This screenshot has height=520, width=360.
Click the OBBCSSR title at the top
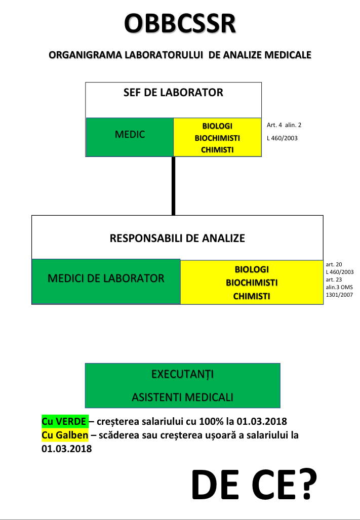(180, 23)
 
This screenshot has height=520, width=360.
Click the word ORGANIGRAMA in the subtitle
(86, 55)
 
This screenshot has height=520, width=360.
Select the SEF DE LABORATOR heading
(173, 92)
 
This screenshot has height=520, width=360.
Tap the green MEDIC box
(130, 137)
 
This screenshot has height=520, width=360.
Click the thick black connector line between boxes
(173, 186)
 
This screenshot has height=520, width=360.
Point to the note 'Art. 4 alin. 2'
(284, 125)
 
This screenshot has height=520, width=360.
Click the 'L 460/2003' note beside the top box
(282, 138)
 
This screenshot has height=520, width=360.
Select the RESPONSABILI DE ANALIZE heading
(177, 238)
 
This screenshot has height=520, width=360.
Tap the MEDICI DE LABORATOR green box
(106, 282)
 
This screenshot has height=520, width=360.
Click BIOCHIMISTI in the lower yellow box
(252, 283)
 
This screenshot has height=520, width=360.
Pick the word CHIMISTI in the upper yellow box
(217, 150)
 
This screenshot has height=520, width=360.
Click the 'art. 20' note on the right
(334, 264)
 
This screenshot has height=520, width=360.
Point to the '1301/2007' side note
(339, 295)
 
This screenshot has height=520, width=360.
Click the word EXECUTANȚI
(183, 374)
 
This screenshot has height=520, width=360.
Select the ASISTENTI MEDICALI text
(183, 397)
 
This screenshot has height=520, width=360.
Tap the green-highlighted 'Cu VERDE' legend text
(65, 421)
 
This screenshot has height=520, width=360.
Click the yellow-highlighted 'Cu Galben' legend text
(65, 435)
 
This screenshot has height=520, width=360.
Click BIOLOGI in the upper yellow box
(217, 126)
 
